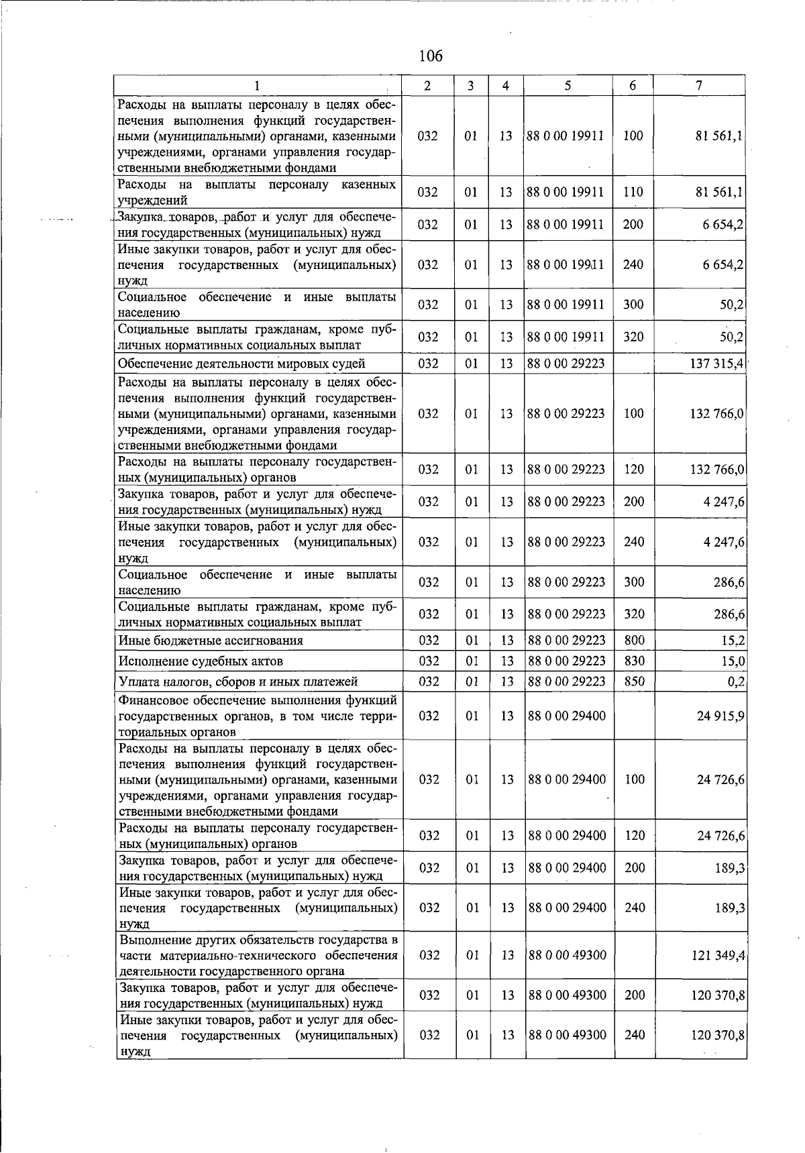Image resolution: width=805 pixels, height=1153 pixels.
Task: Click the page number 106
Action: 430,56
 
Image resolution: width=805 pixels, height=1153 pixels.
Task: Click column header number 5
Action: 568,86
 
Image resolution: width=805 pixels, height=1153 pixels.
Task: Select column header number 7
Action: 699,86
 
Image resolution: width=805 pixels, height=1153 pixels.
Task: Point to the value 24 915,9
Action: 720,716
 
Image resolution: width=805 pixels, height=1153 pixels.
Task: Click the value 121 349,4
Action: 718,954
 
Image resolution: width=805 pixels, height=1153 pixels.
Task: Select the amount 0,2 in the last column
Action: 737,681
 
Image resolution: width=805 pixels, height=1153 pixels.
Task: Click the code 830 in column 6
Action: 634,661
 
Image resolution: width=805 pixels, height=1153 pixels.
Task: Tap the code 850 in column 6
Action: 634,681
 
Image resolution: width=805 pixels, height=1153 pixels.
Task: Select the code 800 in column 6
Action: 634,641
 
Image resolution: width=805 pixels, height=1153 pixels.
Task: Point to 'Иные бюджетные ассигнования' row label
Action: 210,641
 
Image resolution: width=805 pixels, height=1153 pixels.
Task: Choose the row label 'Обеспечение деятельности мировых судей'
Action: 241,364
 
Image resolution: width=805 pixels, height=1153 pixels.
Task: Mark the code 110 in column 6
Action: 633,193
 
